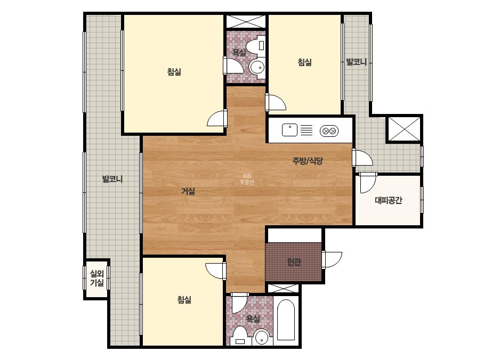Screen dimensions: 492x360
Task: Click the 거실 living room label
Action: pyautogui.click(x=188, y=191)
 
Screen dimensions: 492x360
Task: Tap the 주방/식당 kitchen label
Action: pyautogui.click(x=308, y=161)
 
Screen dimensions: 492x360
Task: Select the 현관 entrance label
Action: pyautogui.click(x=294, y=261)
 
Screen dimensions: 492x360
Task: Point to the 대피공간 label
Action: pyautogui.click(x=389, y=200)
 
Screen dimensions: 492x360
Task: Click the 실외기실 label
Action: pyautogui.click(x=97, y=278)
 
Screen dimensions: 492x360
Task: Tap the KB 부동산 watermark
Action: pyautogui.click(x=247, y=179)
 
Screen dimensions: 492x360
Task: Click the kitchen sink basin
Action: pyautogui.click(x=289, y=130)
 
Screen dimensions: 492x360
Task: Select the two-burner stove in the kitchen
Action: pyautogui.click(x=329, y=130)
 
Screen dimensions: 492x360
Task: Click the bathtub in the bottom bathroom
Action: pyautogui.click(x=286, y=320)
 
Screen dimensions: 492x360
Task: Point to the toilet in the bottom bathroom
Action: pyautogui.click(x=240, y=337)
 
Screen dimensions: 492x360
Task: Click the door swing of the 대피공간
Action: pyautogui.click(x=368, y=183)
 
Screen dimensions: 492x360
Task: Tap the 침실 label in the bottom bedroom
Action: pyautogui.click(x=184, y=300)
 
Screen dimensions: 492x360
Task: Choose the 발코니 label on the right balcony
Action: pyautogui.click(x=357, y=62)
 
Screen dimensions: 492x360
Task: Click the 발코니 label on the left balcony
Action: pyautogui.click(x=112, y=179)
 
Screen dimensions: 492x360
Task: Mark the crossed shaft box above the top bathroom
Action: pyautogui.click(x=246, y=21)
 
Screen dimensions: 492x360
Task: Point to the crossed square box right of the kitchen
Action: pyautogui.click(x=404, y=128)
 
